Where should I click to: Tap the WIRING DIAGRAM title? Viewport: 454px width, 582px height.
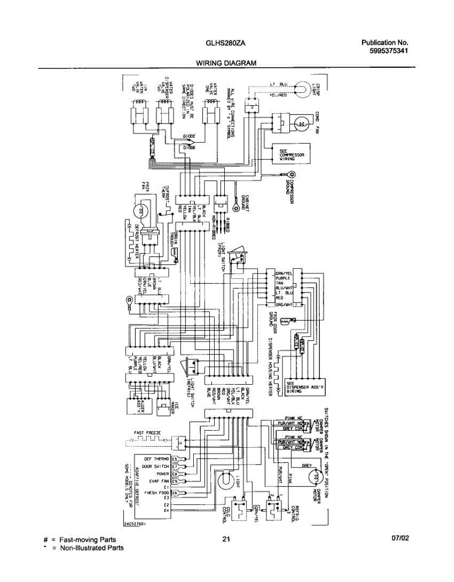tap(226, 63)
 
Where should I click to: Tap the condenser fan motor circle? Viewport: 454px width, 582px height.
tap(301, 124)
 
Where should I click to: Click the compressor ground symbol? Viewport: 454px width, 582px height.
tap(291, 175)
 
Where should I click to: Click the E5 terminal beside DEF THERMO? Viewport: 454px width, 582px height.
tap(175, 458)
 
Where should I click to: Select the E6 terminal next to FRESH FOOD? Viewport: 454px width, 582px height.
tap(175, 492)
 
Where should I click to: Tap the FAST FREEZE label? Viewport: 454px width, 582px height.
tap(147, 432)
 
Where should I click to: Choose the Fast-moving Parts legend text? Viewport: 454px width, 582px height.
tap(87, 539)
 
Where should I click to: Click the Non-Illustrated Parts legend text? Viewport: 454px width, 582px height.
tap(91, 548)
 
